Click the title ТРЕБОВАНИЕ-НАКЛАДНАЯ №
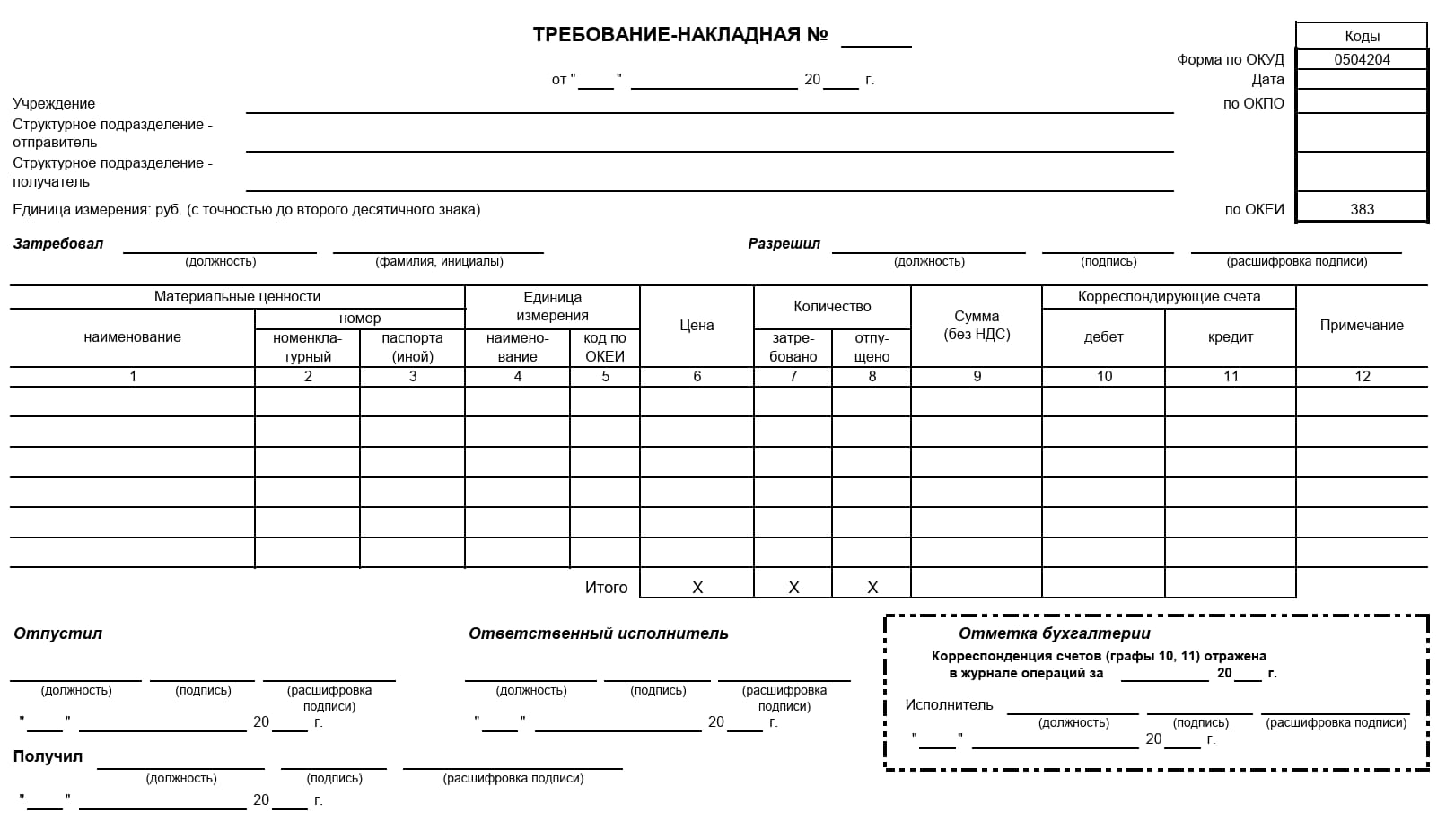[x=679, y=35]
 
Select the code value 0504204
[x=1362, y=59]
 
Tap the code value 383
[x=1362, y=209]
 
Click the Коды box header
[x=1362, y=36]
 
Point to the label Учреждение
[x=54, y=103]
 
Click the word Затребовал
[x=58, y=243]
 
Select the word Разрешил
[x=784, y=243]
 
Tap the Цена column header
[x=697, y=325]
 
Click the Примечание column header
[x=1361, y=325]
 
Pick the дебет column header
[x=1103, y=336]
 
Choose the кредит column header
[x=1230, y=336]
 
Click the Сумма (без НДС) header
[x=977, y=325]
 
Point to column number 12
[x=1362, y=376]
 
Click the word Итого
[x=606, y=587]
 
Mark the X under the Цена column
[x=697, y=587]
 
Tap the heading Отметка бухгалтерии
[x=1054, y=633]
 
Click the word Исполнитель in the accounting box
[x=949, y=704]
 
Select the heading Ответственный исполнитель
[x=598, y=633]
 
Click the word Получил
[x=48, y=756]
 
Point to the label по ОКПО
[x=1253, y=103]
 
